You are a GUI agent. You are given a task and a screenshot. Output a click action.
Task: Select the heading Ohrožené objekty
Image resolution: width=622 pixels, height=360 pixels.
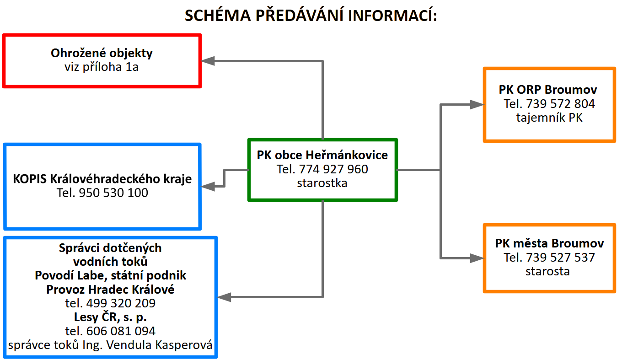click(102, 54)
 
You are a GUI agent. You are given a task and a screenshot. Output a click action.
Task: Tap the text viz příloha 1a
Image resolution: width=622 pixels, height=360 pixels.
click(102, 67)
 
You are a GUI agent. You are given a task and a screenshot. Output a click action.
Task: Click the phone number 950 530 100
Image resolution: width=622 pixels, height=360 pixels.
click(113, 193)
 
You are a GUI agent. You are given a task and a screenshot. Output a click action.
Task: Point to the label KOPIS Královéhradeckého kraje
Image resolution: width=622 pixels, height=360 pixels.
click(102, 179)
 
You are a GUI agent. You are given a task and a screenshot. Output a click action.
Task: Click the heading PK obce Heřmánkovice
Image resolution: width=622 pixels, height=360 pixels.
click(322, 155)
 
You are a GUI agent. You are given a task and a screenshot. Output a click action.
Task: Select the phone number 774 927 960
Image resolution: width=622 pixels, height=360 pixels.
click(333, 169)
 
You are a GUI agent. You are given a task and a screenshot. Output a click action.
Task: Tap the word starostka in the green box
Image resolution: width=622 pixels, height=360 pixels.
click(322, 183)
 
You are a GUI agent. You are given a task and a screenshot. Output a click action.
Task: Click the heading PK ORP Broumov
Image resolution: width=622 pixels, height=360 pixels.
click(548, 90)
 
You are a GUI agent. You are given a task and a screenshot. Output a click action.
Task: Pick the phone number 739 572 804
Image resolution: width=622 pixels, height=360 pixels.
click(560, 104)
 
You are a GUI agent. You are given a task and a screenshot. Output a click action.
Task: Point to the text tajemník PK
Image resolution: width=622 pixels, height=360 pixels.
click(549, 118)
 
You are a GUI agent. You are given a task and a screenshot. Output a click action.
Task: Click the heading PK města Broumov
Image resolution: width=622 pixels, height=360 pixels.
click(550, 243)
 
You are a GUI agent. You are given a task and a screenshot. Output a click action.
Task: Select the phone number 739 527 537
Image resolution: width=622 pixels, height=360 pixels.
click(560, 258)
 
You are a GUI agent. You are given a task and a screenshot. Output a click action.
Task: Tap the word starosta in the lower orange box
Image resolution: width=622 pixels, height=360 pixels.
click(547, 271)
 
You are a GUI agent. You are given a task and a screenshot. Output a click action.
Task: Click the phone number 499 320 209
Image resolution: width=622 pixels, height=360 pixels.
click(121, 303)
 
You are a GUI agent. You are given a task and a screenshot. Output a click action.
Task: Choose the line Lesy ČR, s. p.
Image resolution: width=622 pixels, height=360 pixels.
click(110, 317)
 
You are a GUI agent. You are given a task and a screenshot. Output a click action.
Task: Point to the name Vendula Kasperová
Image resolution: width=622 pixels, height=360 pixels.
click(159, 345)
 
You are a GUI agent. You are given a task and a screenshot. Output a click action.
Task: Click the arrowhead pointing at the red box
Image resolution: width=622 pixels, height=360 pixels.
click(208, 61)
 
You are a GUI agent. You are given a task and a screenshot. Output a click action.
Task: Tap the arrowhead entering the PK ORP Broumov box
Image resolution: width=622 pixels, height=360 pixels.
click(477, 104)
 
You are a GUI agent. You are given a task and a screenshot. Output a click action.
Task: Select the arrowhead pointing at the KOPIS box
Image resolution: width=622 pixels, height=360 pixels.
click(208, 186)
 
